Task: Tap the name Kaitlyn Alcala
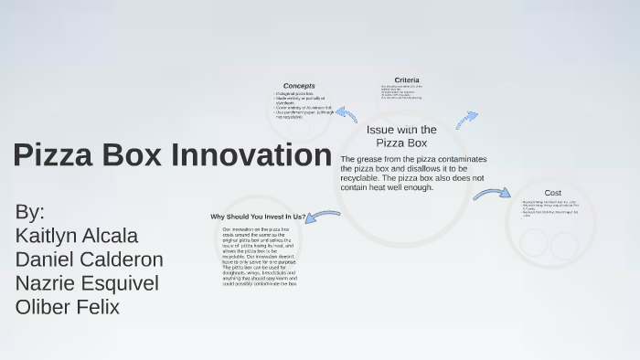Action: (77, 235)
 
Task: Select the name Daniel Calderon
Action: (89, 259)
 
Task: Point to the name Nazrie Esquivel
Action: (87, 283)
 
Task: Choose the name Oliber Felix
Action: (68, 307)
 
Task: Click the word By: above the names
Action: (29, 212)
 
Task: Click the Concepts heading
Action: (299, 86)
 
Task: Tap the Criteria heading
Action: (407, 79)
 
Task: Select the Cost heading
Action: (552, 193)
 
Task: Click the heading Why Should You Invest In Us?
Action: (257, 217)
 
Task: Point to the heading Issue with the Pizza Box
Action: (401, 136)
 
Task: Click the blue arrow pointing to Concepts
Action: (346, 114)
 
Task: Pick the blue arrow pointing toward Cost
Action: (491, 194)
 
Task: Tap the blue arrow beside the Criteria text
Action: (466, 120)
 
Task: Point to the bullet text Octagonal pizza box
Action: (293, 94)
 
